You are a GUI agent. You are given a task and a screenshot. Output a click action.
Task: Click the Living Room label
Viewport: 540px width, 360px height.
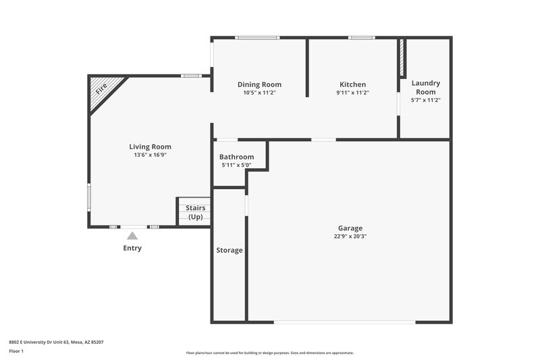pyautogui.click(x=150, y=147)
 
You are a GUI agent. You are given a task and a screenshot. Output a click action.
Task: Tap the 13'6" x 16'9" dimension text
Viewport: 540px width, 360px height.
pyautogui.click(x=150, y=155)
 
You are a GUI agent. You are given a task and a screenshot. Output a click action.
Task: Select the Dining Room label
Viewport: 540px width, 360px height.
pyautogui.click(x=259, y=84)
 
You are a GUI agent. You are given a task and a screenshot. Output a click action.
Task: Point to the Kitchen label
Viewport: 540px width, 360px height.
pyautogui.click(x=352, y=84)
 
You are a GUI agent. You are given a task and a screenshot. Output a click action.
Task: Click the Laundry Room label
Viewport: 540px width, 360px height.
pyautogui.click(x=425, y=87)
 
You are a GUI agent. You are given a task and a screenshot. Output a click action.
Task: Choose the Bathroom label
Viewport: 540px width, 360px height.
pyautogui.click(x=236, y=157)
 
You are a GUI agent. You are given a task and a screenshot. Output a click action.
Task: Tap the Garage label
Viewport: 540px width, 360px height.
pyautogui.click(x=350, y=228)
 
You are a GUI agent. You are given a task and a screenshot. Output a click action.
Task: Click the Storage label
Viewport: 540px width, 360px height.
pyautogui.click(x=229, y=251)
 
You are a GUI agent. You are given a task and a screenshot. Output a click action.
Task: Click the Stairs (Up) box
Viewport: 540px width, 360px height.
pyautogui.click(x=195, y=212)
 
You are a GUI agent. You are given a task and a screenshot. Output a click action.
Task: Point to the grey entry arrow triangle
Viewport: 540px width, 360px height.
pyautogui.click(x=132, y=236)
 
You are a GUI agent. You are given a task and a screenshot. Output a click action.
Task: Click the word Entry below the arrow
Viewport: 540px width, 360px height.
pyautogui.click(x=132, y=248)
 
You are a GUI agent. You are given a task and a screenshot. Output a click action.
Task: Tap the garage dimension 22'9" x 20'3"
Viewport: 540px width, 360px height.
pyautogui.click(x=350, y=236)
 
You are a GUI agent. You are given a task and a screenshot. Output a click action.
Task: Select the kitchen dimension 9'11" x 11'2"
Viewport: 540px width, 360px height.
pyautogui.click(x=352, y=93)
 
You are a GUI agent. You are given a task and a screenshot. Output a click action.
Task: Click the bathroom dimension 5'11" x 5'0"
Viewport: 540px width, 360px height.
pyautogui.click(x=236, y=165)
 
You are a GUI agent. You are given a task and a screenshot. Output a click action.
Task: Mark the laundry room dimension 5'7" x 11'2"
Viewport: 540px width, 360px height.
pyautogui.click(x=425, y=100)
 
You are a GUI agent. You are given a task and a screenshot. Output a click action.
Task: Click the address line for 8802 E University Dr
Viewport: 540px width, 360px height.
pyautogui.click(x=55, y=342)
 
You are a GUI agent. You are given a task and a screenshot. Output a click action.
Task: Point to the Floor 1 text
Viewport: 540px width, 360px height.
pyautogui.click(x=17, y=351)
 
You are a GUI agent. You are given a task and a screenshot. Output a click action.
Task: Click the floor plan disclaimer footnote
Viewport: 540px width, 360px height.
pyautogui.click(x=269, y=353)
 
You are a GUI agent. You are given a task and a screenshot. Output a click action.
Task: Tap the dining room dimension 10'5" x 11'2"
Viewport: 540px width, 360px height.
pyautogui.click(x=259, y=93)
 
